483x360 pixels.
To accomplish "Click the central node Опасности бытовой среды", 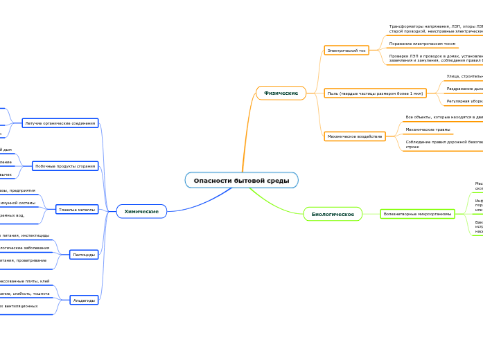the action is coord(241,181).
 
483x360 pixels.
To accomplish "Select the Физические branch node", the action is coord(281,93).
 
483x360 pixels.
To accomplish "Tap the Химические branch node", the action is coord(141,211).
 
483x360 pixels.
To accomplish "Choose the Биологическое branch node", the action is coord(333,215).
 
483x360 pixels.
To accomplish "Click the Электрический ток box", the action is coord(346,51).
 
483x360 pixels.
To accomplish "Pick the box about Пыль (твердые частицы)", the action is coord(375,93).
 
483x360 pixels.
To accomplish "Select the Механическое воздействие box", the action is coord(355,136).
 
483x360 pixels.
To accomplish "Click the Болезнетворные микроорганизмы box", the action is coord(417,214).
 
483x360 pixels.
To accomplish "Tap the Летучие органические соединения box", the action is coord(60,123).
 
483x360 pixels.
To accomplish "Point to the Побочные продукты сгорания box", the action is coord(65,166).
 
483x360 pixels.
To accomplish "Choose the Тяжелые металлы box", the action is coord(77,209).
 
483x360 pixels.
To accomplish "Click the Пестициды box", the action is coord(84,255).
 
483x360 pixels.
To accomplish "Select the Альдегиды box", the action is coord(85,300).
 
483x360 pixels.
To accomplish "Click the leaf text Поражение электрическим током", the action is coord(422,44).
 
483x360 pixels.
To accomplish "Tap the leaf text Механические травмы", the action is coord(428,129).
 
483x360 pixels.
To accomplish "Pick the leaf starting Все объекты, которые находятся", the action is coord(444,117).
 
